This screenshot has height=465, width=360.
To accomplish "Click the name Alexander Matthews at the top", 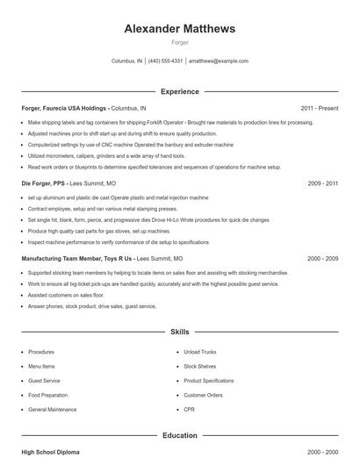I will tap(179, 29).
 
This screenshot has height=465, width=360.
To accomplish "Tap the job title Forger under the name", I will tap(179, 42).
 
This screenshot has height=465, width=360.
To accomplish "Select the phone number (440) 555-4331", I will tap(165, 61).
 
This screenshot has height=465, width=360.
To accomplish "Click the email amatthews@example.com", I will tap(219, 61).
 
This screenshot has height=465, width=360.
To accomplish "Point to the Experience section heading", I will tap(179, 91).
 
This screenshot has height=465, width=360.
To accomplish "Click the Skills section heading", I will tap(179, 333).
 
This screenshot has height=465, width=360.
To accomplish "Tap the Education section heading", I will tap(179, 435).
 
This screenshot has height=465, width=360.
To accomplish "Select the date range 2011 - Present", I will tap(320, 108).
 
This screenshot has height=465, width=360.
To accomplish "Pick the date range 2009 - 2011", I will tap(323, 183).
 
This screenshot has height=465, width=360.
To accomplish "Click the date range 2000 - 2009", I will tap(323, 259).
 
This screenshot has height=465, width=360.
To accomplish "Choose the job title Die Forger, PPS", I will tap(43, 183).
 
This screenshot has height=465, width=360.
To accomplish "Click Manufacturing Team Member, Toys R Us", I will tap(76, 259).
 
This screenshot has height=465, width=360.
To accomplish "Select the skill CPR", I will tap(190, 410).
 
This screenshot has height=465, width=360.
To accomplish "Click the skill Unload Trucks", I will tap(199, 352).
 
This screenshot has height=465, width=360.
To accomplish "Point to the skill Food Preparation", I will tap(47, 396).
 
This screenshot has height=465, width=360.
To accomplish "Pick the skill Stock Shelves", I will tap(199, 366).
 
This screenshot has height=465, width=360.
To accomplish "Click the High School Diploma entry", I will tap(50, 452).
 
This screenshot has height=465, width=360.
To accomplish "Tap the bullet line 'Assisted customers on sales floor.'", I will tap(72, 296).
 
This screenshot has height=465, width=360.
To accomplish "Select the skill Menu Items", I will tap(41, 366).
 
